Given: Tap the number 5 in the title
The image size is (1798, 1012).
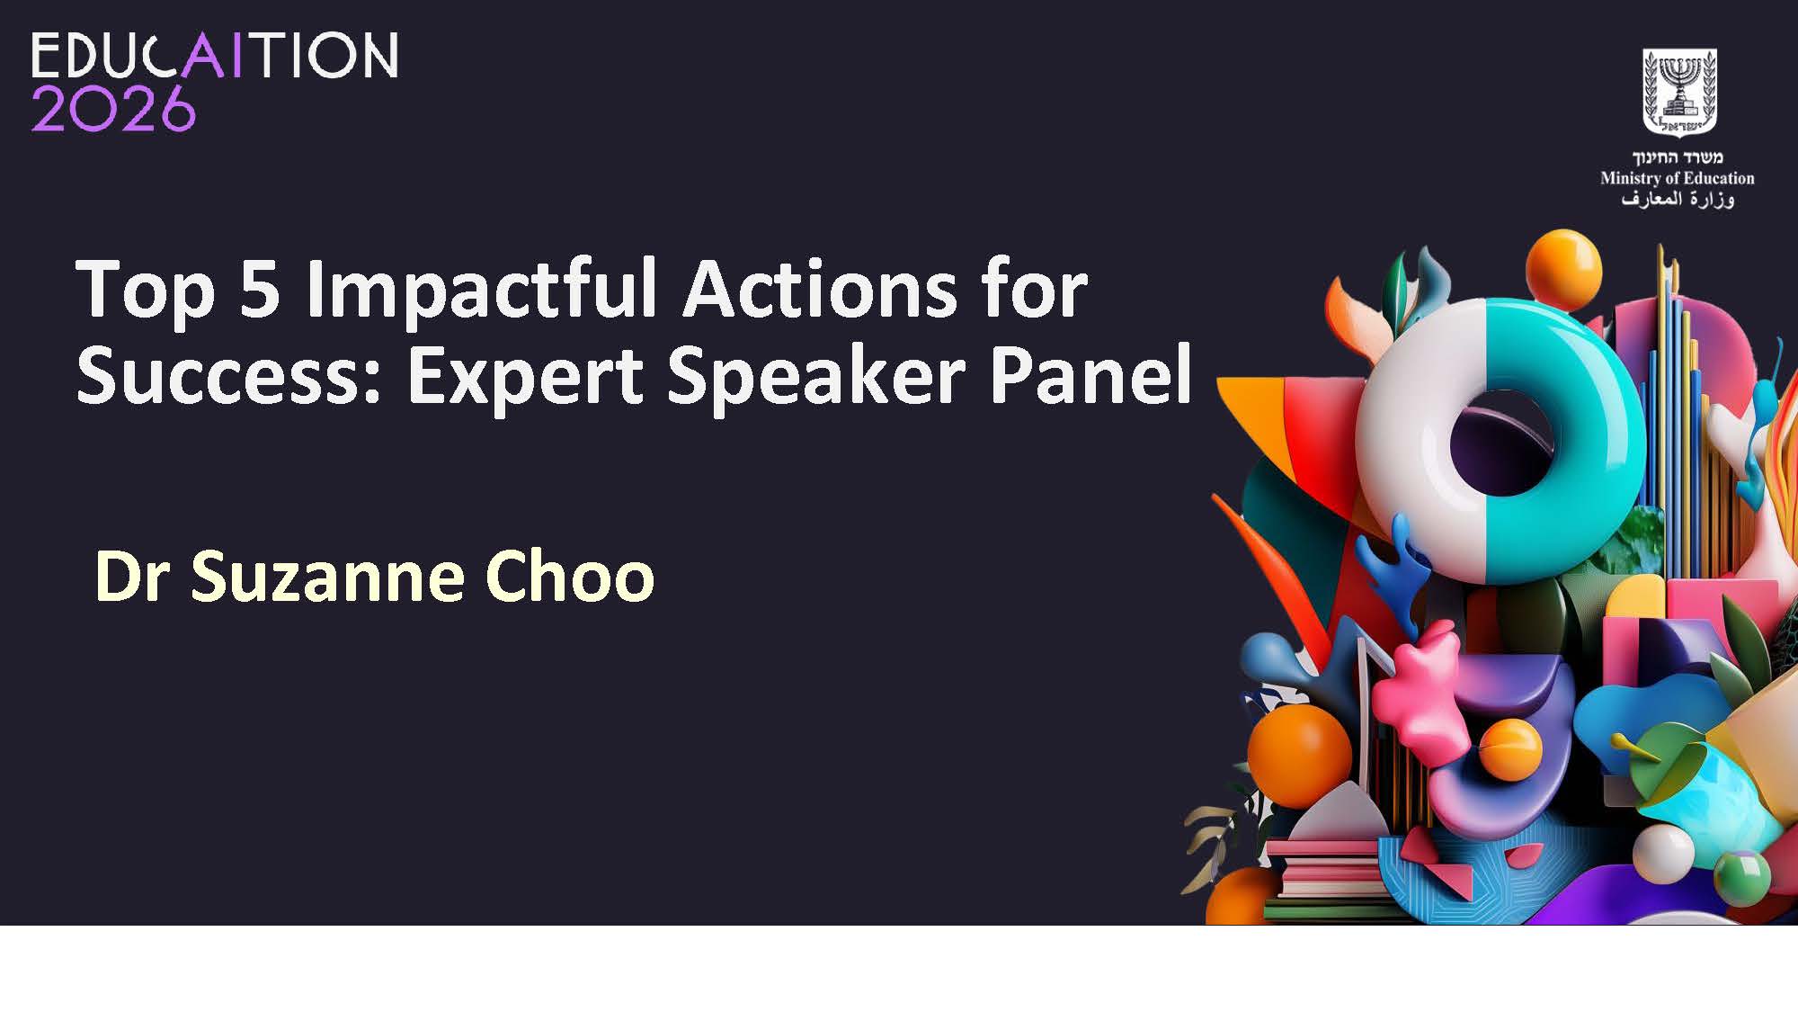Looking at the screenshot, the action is click(260, 291).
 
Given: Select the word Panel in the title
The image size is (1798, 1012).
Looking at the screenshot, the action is click(1090, 374).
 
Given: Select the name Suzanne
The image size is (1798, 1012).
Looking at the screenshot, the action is click(328, 577).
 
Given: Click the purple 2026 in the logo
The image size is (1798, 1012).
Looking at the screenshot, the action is click(113, 108).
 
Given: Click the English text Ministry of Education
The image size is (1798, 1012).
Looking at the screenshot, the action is click(1678, 178).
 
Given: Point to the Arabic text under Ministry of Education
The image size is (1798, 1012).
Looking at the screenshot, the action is click(1678, 199).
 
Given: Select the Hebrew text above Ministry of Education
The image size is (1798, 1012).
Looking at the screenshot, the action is click(1678, 157).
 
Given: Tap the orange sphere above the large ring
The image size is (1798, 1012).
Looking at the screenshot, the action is click(1563, 267).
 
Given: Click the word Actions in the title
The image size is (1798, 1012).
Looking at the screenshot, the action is click(820, 291).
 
